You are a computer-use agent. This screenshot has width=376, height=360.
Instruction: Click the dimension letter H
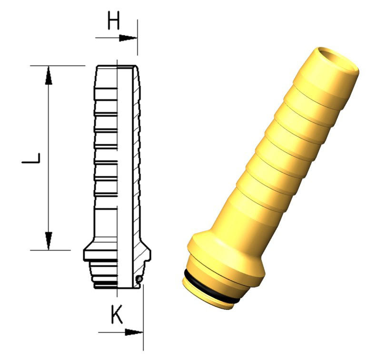coord(113,20)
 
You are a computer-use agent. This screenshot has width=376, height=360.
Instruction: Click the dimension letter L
coord(31,158)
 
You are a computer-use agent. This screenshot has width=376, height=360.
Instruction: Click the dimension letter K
coord(117,314)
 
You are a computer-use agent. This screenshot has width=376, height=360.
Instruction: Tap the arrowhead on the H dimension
coord(128,38)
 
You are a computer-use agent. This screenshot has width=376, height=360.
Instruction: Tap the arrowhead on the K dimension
coord(134,332)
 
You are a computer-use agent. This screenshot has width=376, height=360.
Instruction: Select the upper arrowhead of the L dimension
coord(49,75)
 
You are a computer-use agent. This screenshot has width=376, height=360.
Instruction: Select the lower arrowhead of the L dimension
coord(49,241)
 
